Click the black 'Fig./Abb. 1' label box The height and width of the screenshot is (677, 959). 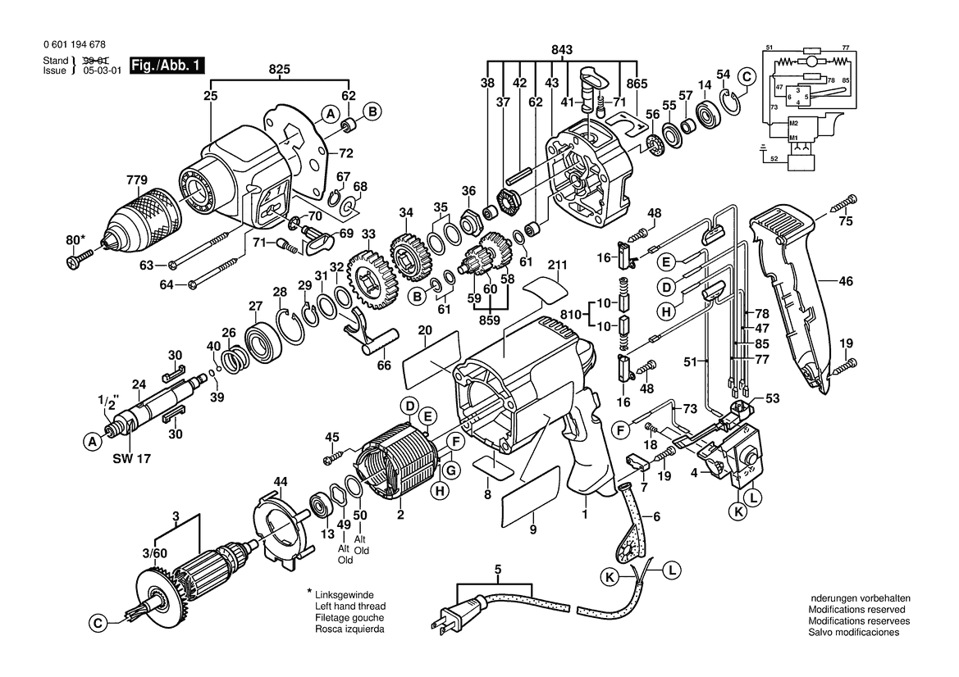point(167,66)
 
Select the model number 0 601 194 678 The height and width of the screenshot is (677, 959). point(75,44)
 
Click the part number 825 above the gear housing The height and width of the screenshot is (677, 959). point(280,70)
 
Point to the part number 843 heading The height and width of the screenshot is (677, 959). point(561,49)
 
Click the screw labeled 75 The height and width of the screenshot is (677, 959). point(843,204)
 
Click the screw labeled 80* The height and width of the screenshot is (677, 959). point(78,258)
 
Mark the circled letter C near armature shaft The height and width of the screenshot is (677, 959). point(98,623)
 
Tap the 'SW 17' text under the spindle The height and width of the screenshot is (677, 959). point(131,458)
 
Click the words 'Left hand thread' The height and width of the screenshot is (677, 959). point(350,607)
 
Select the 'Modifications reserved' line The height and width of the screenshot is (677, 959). point(856,609)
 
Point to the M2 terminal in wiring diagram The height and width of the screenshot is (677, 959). point(793,124)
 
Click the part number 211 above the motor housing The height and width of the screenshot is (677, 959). point(557,266)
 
